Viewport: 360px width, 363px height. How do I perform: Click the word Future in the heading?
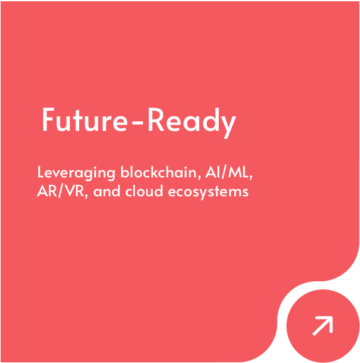85,120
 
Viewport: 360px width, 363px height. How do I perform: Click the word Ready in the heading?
192,122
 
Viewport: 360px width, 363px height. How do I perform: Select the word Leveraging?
76,173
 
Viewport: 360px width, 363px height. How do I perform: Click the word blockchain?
158,172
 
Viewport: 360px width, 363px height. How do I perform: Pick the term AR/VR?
60,191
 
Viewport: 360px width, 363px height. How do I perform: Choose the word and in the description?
107,191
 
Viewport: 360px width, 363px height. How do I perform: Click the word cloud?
144,191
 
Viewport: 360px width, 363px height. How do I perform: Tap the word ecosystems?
209,192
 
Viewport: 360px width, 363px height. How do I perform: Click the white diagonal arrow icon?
322,325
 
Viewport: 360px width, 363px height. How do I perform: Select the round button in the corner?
323,326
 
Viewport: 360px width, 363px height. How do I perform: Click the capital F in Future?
48,120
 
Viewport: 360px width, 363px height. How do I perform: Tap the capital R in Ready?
156,120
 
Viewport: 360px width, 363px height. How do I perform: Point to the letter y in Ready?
227,126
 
